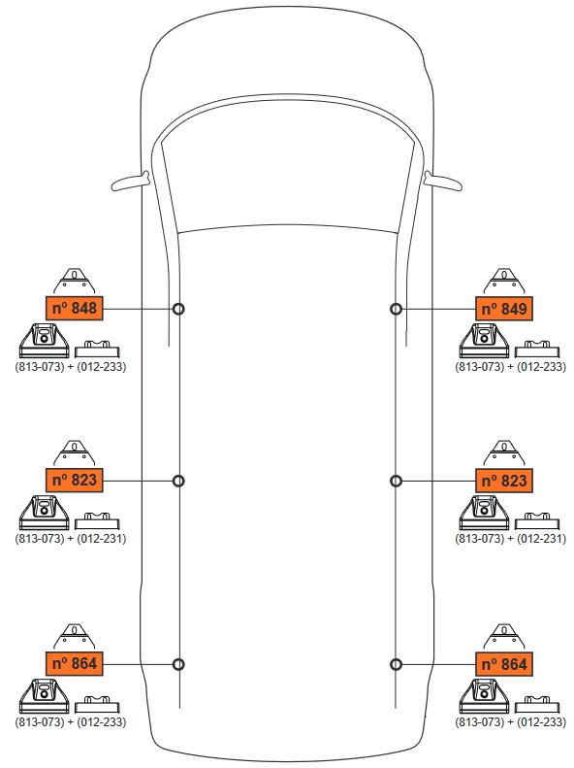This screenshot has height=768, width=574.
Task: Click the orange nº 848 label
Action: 75,308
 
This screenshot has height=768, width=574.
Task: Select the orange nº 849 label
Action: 504,309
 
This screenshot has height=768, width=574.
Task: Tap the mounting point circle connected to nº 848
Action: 179,309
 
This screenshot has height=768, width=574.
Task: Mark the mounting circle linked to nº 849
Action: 396,309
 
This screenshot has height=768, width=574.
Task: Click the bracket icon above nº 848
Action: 74,282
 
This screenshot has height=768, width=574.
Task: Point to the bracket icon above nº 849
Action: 504,282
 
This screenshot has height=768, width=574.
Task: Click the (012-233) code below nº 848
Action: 101,366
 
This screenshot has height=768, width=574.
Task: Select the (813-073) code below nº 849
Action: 480,366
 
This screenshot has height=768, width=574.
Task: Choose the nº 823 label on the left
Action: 75,480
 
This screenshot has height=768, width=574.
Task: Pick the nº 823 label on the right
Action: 504,481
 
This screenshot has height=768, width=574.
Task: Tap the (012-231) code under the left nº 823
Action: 101,538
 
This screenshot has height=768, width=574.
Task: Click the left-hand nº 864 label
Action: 75,664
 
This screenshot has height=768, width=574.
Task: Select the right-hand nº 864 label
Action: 504,664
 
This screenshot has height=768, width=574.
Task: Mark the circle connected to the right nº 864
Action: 396,665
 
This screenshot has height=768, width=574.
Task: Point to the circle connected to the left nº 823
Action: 179,481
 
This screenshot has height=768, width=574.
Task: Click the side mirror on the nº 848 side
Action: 131,182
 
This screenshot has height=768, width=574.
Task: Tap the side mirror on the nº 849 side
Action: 443,182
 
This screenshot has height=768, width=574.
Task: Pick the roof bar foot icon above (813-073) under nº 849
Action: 484,341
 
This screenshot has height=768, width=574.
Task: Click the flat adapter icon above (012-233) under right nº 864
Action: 537,704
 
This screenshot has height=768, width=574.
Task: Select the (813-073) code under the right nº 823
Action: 480,538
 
